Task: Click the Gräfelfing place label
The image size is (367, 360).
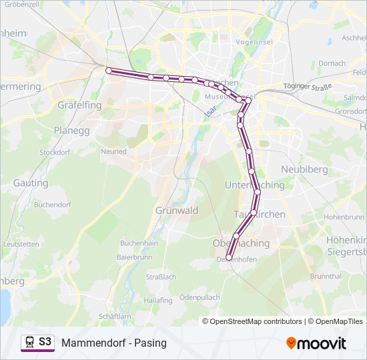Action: (x=79, y=105)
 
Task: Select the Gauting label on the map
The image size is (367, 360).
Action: (x=31, y=183)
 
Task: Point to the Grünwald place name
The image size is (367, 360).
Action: (x=177, y=211)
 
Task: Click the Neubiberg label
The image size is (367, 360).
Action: (x=304, y=169)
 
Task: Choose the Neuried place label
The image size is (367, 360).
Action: (x=113, y=151)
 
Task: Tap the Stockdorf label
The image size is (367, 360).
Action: (x=55, y=152)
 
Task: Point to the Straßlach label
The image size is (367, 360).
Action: (x=161, y=277)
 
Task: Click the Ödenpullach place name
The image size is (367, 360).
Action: (x=200, y=297)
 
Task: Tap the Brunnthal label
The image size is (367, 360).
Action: (x=326, y=276)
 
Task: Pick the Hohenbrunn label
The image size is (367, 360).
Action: (x=342, y=217)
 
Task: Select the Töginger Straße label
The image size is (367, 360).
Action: (x=308, y=86)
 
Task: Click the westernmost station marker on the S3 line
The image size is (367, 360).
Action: (x=109, y=70)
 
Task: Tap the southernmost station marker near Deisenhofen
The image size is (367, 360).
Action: (x=229, y=257)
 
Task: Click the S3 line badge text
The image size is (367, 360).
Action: (x=45, y=341)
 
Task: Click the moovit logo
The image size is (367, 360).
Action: (x=316, y=343)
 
